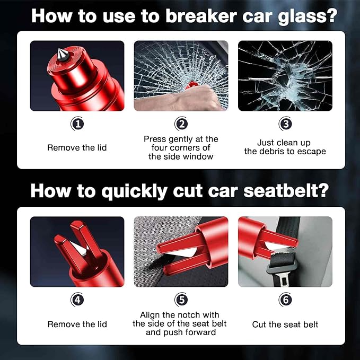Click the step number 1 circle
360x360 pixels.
[77, 125]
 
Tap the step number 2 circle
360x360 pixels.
[181, 125]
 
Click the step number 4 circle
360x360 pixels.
[77, 300]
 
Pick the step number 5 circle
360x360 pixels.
[181, 300]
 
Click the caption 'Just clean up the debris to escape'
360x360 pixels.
[285, 147]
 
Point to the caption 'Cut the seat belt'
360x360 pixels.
[285, 324]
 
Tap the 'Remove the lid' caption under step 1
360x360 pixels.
[77, 147]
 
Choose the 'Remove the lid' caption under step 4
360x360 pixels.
[77, 324]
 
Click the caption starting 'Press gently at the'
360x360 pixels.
[181, 147]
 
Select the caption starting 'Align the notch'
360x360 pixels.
[181, 324]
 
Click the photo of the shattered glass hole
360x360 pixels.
[285, 75]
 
